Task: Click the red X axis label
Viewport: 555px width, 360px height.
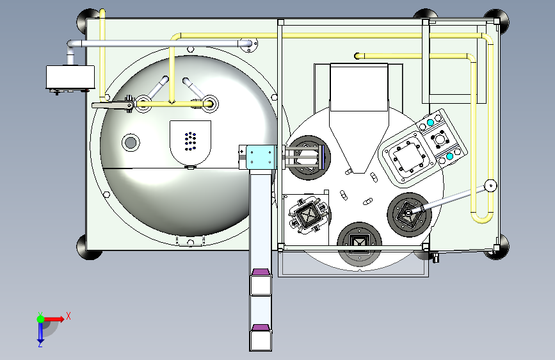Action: coord(68,316)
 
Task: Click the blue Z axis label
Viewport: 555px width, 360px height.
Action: coord(40,344)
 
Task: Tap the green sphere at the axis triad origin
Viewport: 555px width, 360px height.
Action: coord(41,319)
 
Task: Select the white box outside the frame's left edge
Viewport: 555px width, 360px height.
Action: coord(70,77)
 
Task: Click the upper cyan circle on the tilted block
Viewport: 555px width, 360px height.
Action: coord(430,122)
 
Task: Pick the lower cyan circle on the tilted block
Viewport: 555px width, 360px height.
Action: coord(449,156)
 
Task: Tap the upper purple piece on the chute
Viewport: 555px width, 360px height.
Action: coord(261,272)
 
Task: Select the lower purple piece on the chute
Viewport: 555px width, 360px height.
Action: coord(261,327)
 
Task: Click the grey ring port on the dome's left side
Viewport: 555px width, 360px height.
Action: coord(131,142)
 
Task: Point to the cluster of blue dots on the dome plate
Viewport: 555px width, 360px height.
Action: coord(190,141)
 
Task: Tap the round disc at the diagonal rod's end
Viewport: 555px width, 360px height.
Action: coord(490,185)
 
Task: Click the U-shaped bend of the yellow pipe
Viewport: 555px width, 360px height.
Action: coord(482,218)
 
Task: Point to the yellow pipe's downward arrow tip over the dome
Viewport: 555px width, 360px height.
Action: coord(172,102)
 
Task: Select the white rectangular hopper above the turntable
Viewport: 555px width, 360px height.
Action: coord(359,87)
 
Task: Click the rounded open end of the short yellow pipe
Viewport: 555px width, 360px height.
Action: coord(357,56)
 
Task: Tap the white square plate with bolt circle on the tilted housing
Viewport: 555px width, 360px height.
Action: coord(410,156)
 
